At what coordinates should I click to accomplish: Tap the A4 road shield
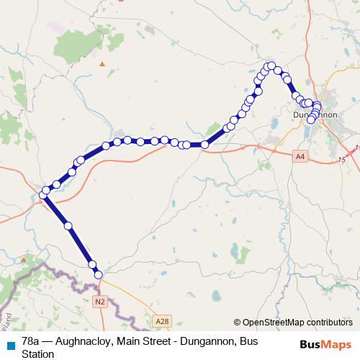pos(300,154)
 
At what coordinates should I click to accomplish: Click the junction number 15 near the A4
pos(342,159)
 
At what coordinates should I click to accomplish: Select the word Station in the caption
pos(37,354)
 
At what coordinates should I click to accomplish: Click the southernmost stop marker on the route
pos(98,274)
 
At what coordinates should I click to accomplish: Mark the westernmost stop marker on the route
pos(44,195)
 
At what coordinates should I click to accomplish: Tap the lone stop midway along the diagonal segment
pos(68,226)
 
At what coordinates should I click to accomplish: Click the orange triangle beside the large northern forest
pos(103,63)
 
